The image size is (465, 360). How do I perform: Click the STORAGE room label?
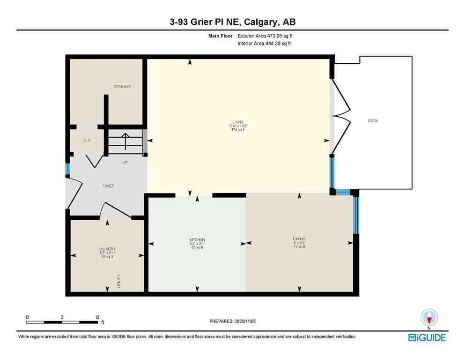(122, 87)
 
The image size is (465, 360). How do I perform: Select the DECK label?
(373, 121)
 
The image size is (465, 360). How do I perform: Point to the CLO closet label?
(86, 140)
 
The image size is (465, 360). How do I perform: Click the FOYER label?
(108, 186)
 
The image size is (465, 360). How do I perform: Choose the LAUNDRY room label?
(107, 249)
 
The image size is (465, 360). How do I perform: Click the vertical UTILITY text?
(119, 281)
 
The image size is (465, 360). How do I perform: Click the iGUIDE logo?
(427, 337)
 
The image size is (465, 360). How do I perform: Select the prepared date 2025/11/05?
(233, 321)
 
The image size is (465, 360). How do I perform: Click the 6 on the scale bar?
(97, 317)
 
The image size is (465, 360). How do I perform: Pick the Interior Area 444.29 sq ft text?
(265, 44)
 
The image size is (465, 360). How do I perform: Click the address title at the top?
(232, 22)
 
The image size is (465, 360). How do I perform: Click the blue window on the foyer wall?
(67, 169)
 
